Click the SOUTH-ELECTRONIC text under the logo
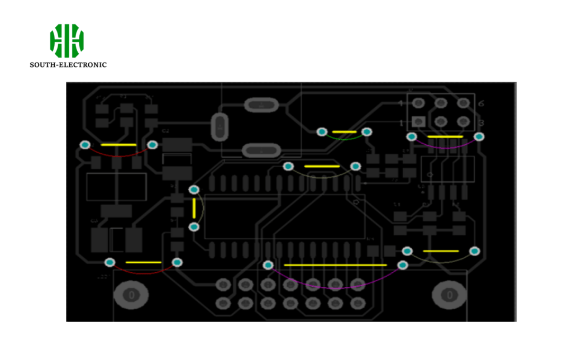click(68, 65)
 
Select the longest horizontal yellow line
click(335, 264)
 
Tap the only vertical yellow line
click(194, 209)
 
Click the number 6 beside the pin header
click(481, 103)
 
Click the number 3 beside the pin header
click(481, 122)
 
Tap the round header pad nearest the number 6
click(463, 103)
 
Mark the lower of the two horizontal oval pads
click(261, 150)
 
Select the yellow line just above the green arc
click(345, 132)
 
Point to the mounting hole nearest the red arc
click(132, 294)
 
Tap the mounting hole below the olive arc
click(449, 294)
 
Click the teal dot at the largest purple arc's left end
click(268, 265)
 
